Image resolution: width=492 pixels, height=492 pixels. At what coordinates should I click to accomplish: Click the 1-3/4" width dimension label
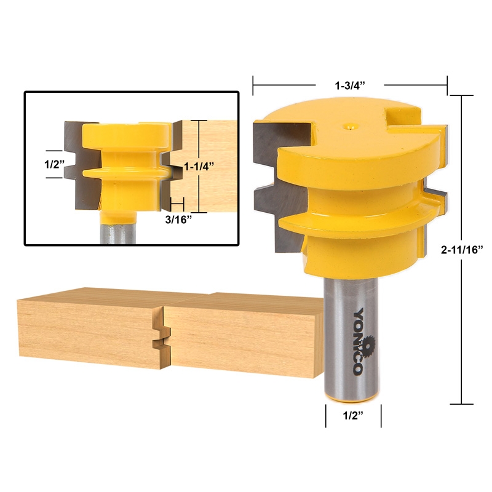click(x=350, y=85)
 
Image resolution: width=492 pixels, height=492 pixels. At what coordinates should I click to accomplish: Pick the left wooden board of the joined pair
click(x=86, y=332)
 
